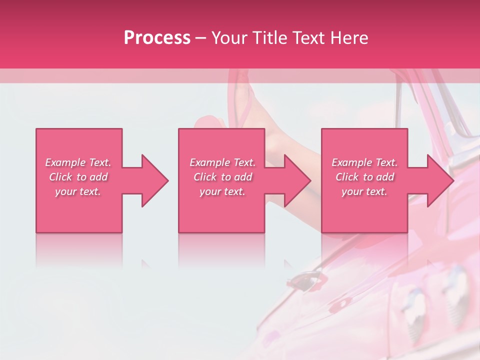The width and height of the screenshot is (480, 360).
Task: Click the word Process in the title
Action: pos(157,38)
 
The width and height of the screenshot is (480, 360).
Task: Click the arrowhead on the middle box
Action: pos(297,180)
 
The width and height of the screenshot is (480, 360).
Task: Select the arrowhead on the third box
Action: pos(440,180)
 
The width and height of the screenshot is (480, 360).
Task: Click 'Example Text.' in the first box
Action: pos(78,162)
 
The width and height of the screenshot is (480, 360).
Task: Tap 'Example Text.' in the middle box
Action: pos(222,162)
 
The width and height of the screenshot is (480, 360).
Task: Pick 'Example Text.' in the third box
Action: pos(364,162)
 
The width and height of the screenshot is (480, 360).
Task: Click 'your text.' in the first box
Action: pos(78,191)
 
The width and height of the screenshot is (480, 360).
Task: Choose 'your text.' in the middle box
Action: pos(222,191)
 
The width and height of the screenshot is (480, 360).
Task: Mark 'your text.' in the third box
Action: pos(364,191)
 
